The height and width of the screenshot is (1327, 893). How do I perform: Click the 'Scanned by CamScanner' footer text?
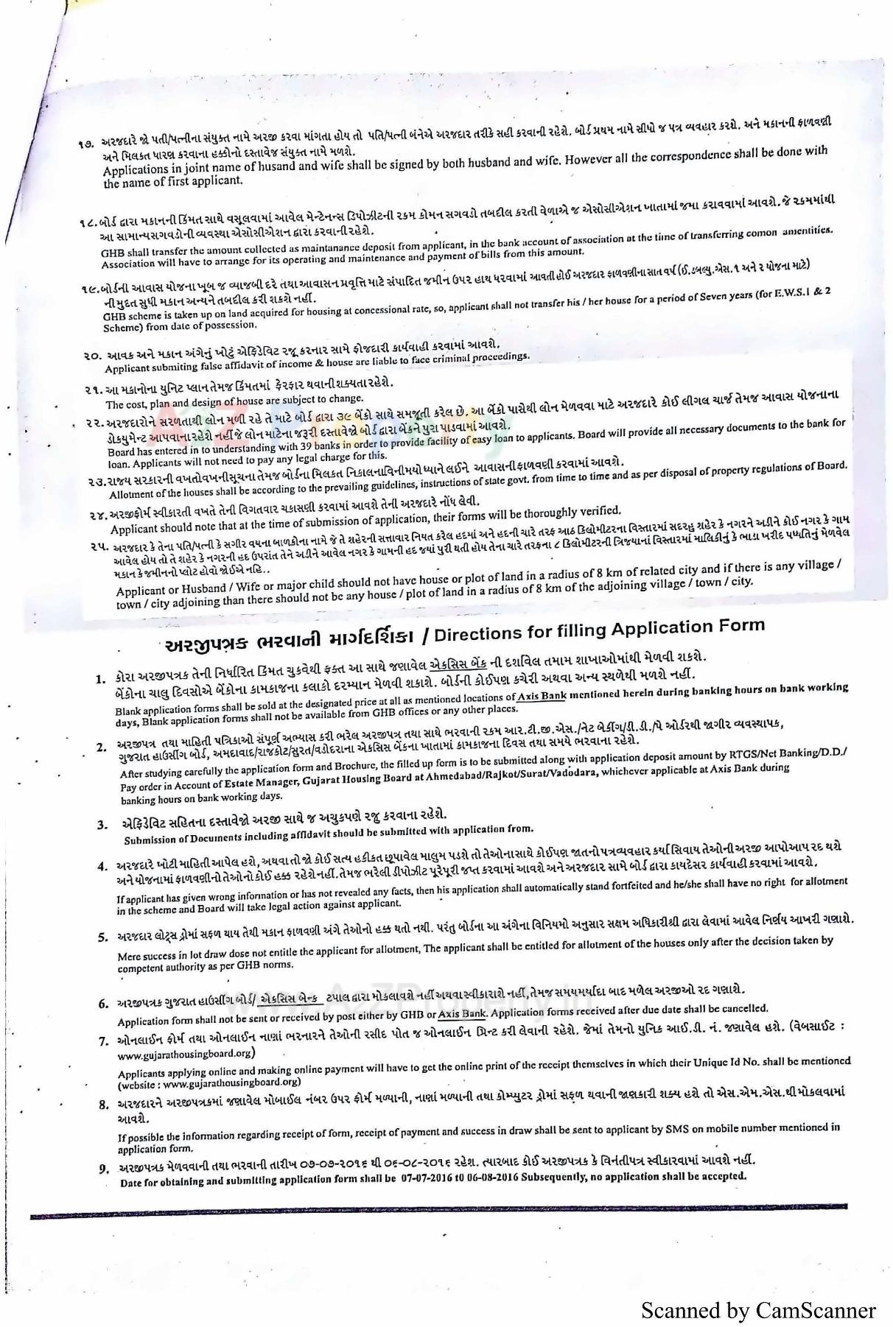tap(758, 1311)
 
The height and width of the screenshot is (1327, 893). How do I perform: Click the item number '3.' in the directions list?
tap(102, 825)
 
